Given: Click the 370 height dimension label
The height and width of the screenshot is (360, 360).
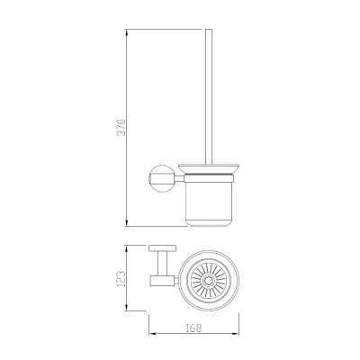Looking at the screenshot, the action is pyautogui.click(x=121, y=128).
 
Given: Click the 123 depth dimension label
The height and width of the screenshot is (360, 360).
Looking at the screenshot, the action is pyautogui.click(x=120, y=279).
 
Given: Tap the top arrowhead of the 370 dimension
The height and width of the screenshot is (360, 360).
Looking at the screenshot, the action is pyautogui.click(x=127, y=32).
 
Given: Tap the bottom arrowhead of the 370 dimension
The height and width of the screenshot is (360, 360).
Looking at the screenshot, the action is pyautogui.click(x=127, y=222).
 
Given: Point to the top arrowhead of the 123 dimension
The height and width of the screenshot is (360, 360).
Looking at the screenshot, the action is pyautogui.click(x=127, y=249).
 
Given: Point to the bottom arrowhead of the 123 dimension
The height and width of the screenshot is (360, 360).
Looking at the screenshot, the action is pyautogui.click(x=127, y=307).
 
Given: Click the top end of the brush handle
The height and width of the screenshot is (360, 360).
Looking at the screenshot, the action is pyautogui.click(x=209, y=30).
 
